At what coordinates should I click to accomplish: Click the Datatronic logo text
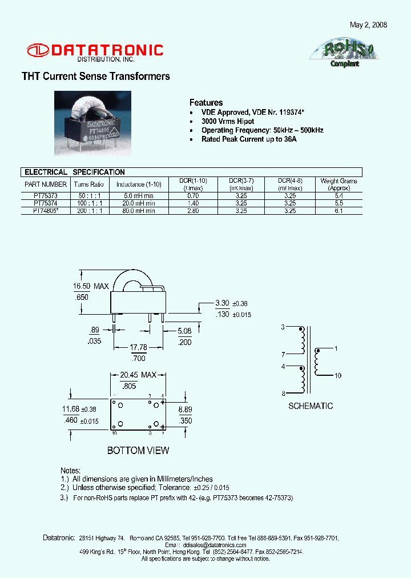[x=107, y=50]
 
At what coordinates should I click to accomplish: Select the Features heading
[x=206, y=103]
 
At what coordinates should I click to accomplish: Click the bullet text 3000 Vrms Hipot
[x=228, y=122]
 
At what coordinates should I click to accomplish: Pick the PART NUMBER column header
[x=46, y=184]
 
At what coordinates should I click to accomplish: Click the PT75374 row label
[x=45, y=203]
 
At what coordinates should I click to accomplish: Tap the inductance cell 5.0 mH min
[x=139, y=195]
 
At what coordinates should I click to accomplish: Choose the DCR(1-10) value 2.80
[x=193, y=211]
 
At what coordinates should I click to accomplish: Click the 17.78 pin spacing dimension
[x=139, y=347]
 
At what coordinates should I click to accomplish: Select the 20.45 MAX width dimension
[x=138, y=375]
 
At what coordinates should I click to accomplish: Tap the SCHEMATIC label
[x=311, y=406]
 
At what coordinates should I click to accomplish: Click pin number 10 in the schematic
[x=338, y=375]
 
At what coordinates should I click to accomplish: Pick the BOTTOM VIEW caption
[x=138, y=451]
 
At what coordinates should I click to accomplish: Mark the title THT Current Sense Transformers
[x=96, y=77]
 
